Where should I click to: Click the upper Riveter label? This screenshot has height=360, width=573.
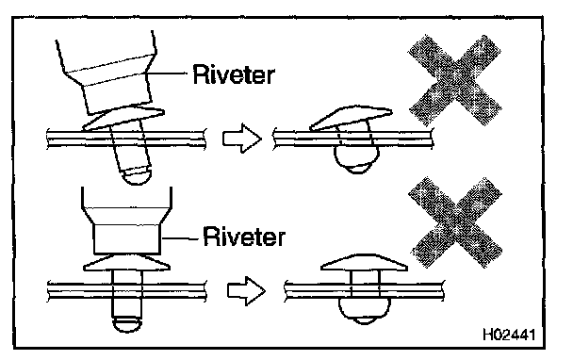click(x=234, y=74)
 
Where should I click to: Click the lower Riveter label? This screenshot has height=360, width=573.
click(x=244, y=237)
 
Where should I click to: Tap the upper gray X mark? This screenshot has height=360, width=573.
click(x=454, y=80)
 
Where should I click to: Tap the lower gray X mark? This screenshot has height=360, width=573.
click(x=455, y=221)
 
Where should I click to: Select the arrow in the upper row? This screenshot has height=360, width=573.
click(x=242, y=139)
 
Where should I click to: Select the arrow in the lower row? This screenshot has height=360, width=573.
click(x=246, y=291)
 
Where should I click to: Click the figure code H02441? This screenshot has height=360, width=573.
click(x=509, y=335)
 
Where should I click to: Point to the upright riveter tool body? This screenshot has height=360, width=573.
click(x=126, y=221)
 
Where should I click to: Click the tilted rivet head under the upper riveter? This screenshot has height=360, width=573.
click(x=123, y=118)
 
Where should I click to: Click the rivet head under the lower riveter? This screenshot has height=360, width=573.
click(x=126, y=263)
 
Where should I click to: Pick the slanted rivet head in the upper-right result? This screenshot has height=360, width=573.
click(x=351, y=118)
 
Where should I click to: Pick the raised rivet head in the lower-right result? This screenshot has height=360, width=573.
click(x=364, y=262)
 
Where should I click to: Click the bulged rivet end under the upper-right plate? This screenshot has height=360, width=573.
click(x=356, y=160)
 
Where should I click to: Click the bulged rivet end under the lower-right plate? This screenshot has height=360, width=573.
click(x=365, y=311)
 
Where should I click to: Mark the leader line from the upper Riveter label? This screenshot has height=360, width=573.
click(x=167, y=74)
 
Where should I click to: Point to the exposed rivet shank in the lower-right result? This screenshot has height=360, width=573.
click(x=365, y=277)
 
